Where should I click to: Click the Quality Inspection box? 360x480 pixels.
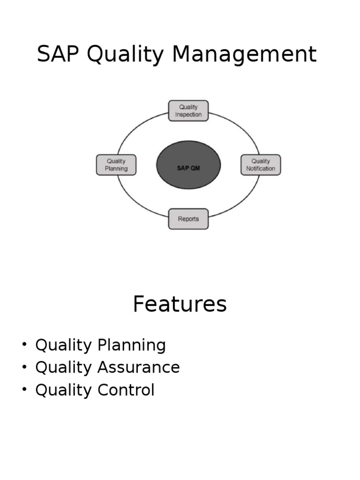188,111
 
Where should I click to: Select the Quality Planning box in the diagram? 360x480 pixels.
116,165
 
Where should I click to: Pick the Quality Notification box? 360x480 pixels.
261,165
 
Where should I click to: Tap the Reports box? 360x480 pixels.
188,219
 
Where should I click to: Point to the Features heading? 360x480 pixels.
180,304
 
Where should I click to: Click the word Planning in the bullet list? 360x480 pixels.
132,346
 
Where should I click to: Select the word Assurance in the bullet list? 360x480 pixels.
139,367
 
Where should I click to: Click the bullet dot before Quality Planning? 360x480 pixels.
24,345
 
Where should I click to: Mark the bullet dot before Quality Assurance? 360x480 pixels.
24,367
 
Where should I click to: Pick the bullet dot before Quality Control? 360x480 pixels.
24,390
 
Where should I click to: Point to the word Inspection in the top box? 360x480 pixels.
188,114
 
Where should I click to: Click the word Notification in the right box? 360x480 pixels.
261,169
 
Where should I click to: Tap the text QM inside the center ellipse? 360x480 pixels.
195,168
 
